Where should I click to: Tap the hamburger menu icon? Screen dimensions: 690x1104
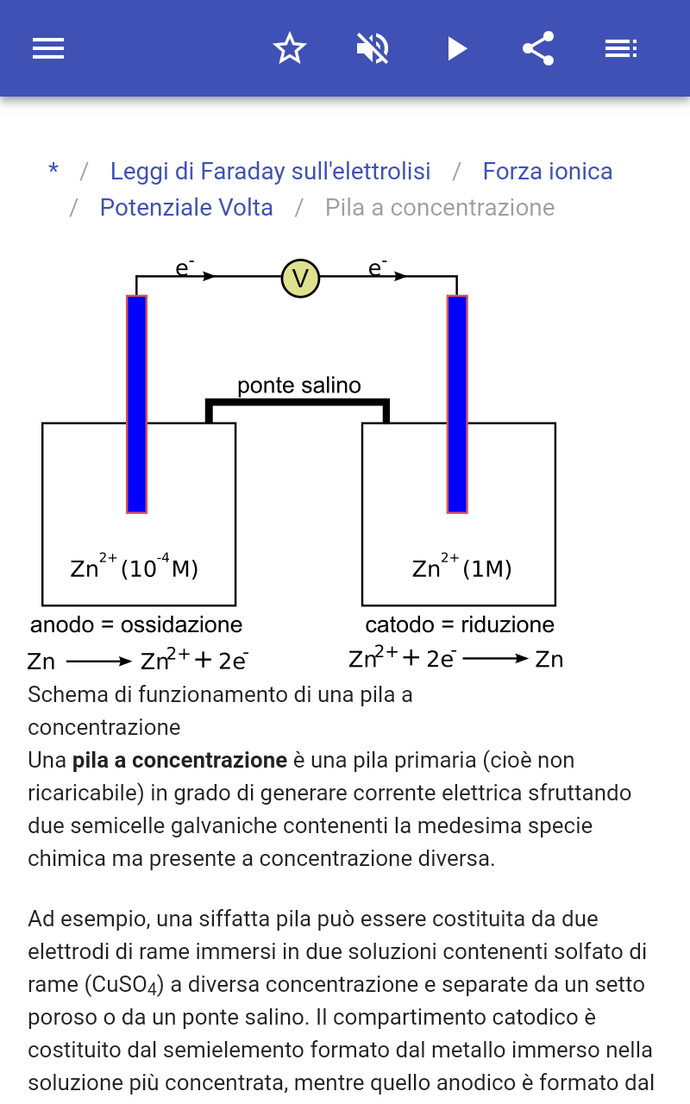click(48, 48)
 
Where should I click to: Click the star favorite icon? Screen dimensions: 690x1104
click(290, 48)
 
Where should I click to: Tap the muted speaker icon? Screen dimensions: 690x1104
click(373, 48)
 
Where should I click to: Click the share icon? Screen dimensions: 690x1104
click(538, 48)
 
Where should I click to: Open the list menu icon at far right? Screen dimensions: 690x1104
click(621, 48)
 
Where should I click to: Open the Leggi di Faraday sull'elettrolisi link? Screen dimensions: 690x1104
click(270, 172)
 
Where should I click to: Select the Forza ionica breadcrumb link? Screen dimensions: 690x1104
click(548, 172)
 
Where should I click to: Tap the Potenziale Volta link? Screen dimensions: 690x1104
click(186, 208)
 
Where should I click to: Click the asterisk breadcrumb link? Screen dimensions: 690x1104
click(53, 171)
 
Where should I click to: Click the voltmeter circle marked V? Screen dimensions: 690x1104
click(300, 279)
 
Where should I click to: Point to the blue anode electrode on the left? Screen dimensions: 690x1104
click(136, 405)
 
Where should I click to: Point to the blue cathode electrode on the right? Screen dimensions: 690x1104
click(457, 405)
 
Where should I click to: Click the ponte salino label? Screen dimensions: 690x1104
click(299, 386)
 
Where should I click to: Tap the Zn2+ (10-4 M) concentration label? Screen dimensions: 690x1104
click(134, 566)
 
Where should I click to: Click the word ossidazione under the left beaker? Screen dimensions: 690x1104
click(181, 625)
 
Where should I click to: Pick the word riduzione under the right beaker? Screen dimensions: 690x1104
click(507, 625)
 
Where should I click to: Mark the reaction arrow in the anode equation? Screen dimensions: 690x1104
click(98, 662)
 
